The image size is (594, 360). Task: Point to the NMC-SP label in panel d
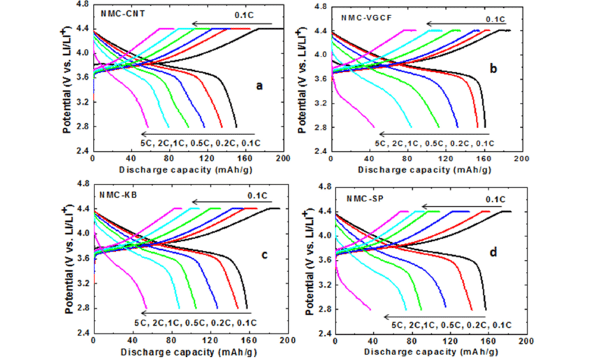point(363,198)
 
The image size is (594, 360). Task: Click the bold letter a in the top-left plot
point(259,86)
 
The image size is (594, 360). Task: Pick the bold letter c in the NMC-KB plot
point(265,254)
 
